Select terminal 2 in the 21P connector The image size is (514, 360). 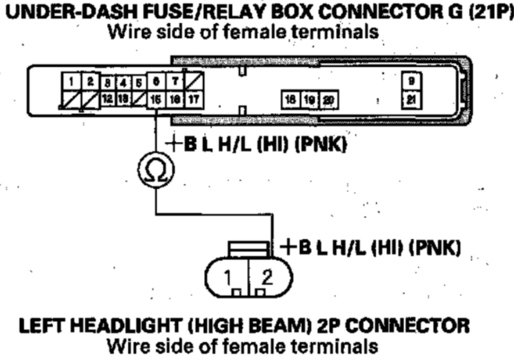(91, 82)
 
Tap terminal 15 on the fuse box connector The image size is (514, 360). (155, 98)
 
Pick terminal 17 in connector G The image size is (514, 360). (194, 98)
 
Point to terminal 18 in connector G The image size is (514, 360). (291, 99)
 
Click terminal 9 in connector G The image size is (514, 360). (410, 82)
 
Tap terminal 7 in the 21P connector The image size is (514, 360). (175, 82)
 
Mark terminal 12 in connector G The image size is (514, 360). (107, 98)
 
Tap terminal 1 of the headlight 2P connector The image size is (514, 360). (228, 278)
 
